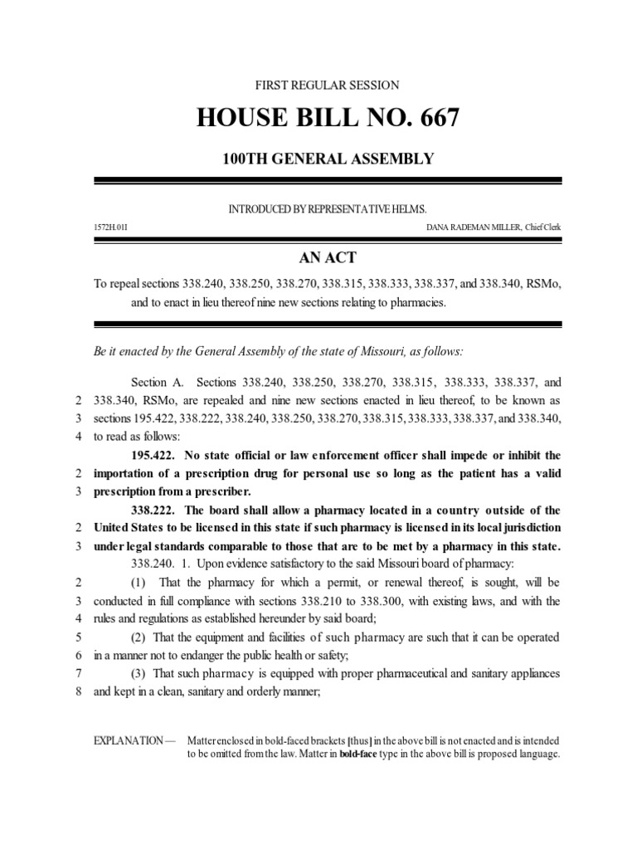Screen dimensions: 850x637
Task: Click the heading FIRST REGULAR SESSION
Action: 327,85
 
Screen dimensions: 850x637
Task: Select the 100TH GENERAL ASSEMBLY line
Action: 327,158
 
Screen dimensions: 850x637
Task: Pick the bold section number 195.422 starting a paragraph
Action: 153,455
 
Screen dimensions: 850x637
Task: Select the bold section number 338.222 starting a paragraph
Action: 153,510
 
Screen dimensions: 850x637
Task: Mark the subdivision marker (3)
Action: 141,674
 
